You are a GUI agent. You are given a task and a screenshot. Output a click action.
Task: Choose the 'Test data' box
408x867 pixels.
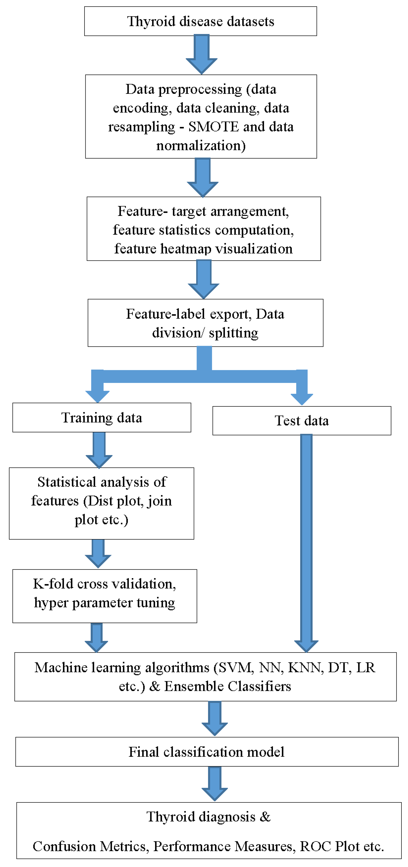click(302, 421)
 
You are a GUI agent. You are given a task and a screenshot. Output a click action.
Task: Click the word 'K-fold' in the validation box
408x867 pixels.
click(53, 584)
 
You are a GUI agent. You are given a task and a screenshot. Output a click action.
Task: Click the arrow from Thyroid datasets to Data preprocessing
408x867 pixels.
click(202, 54)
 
